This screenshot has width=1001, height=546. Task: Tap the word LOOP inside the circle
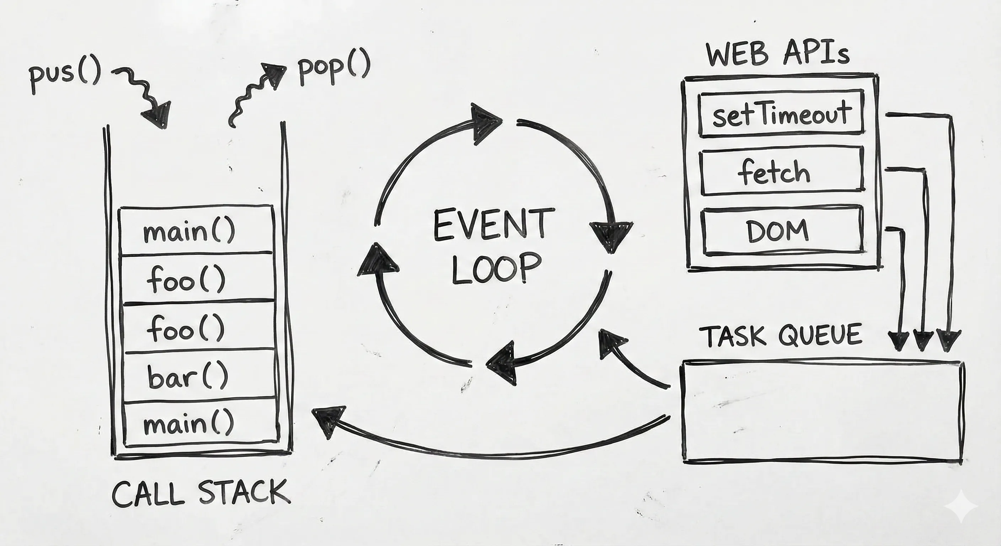coord(497,268)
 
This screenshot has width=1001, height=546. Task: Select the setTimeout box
coord(781,114)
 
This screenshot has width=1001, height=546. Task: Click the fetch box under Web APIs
coord(781,171)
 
